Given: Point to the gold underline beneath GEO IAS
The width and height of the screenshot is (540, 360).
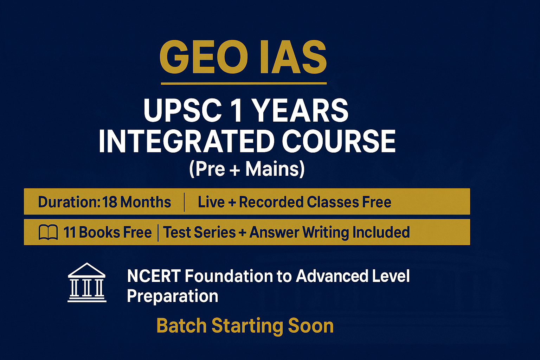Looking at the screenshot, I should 244,84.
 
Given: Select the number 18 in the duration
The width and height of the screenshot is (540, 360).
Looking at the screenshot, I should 110,202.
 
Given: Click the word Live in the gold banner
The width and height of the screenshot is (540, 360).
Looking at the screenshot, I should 211,202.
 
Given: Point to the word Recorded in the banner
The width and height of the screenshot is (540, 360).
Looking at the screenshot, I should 271,202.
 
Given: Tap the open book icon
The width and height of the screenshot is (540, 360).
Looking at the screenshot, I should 48,233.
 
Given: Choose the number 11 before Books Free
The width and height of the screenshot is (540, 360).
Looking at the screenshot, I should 69,233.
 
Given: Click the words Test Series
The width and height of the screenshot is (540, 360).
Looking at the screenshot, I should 199,233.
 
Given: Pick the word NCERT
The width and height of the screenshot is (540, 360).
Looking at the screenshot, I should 154,276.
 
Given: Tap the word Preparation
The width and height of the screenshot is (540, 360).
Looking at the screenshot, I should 172,296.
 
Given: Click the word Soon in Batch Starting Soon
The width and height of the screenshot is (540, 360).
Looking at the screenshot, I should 310,326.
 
